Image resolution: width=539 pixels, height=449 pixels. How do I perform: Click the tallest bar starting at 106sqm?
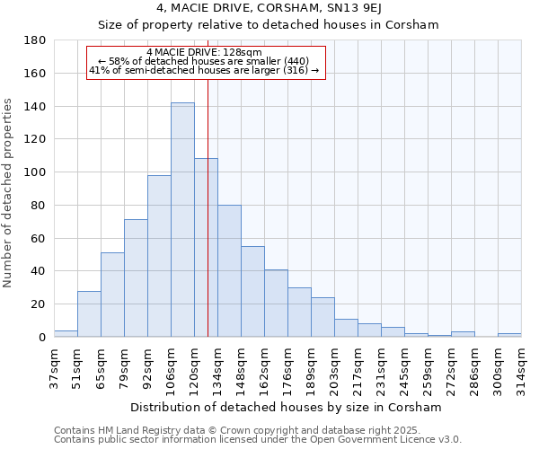pyautogui.click(x=182, y=220)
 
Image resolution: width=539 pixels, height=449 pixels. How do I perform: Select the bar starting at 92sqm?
pyautogui.click(x=159, y=256)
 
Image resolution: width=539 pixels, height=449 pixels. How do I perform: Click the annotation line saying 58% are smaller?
pyautogui.click(x=204, y=61)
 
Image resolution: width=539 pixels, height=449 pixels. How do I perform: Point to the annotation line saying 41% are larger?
pyautogui.click(x=204, y=70)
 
